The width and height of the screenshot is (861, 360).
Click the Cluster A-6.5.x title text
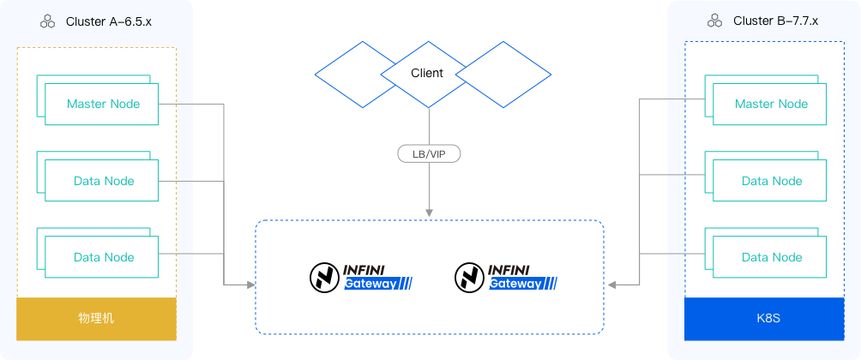point(108,21)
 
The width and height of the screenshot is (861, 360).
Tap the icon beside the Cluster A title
point(48,21)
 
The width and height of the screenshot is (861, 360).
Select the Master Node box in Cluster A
point(104,104)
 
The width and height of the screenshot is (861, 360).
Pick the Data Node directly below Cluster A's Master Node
point(104,181)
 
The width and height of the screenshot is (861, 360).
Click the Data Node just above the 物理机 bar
point(104,257)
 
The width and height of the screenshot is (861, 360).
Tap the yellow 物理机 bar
point(96,318)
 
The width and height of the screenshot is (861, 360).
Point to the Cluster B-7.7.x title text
point(775,21)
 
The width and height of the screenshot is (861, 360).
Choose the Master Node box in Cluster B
point(771,104)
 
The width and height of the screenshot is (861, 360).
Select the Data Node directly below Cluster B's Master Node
point(771,181)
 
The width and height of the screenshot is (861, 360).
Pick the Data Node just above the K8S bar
point(771,257)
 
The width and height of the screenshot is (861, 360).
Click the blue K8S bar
point(763,318)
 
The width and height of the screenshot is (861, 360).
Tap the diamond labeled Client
point(427,74)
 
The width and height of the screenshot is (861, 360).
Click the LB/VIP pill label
point(429,154)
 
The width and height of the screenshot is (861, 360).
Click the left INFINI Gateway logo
point(361,276)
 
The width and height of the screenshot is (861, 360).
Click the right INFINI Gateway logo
point(506,276)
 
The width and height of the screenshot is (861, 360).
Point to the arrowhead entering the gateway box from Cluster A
point(250,284)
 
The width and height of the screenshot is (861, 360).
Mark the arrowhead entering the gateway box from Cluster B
point(611,284)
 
